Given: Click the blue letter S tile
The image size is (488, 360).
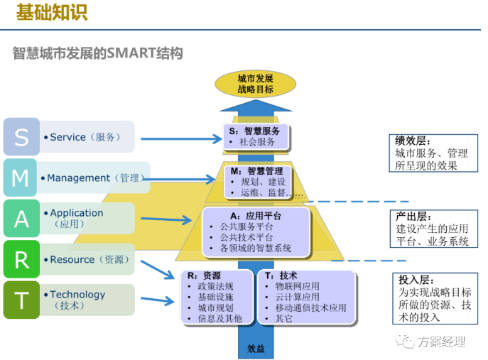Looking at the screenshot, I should click(x=21, y=136).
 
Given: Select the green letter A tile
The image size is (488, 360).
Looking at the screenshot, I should click(x=21, y=219).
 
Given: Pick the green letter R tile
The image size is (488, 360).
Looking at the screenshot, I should click(x=21, y=259).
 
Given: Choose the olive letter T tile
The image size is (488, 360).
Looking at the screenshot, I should click(x=21, y=300).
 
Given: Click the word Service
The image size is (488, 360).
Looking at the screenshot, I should click(x=67, y=137).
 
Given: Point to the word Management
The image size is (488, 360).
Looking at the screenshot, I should click(x=78, y=178).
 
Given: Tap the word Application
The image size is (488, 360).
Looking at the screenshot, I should click(x=76, y=213).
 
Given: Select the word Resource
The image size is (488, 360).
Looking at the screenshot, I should click(x=72, y=260).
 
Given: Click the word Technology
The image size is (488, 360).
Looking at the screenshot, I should click(x=77, y=295).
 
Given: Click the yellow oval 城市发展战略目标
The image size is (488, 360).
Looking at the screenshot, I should click(x=255, y=83).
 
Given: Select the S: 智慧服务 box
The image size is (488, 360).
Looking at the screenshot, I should click(x=255, y=136).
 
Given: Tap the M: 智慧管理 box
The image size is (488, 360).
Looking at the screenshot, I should click(x=256, y=182).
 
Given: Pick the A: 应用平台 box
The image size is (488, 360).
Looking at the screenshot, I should click(x=256, y=232).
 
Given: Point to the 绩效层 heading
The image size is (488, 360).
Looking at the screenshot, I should click(x=413, y=140).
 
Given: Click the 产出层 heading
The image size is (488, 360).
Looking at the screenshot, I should click(x=413, y=216).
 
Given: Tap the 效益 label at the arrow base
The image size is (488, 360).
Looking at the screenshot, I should click(x=256, y=349).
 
